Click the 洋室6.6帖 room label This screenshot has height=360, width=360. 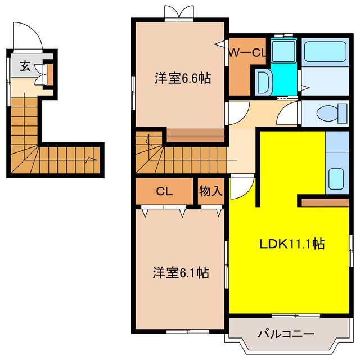(183, 78)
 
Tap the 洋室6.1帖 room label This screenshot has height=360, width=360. (181, 273)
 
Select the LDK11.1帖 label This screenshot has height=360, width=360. (292, 244)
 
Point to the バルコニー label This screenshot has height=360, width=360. (286, 334)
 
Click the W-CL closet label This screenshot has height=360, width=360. (247, 53)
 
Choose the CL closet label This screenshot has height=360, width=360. (164, 191)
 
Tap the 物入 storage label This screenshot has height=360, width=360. (211, 191)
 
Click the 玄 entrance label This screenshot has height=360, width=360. (25, 66)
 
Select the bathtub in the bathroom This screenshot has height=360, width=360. (325, 52)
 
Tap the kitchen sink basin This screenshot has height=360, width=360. (336, 179)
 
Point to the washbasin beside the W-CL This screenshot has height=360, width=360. (264, 82)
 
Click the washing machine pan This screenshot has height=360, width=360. (283, 51)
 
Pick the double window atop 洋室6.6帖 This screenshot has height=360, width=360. (179, 13)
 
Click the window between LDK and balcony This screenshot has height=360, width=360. (296, 316)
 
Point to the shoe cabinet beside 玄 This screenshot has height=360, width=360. (50, 75)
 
